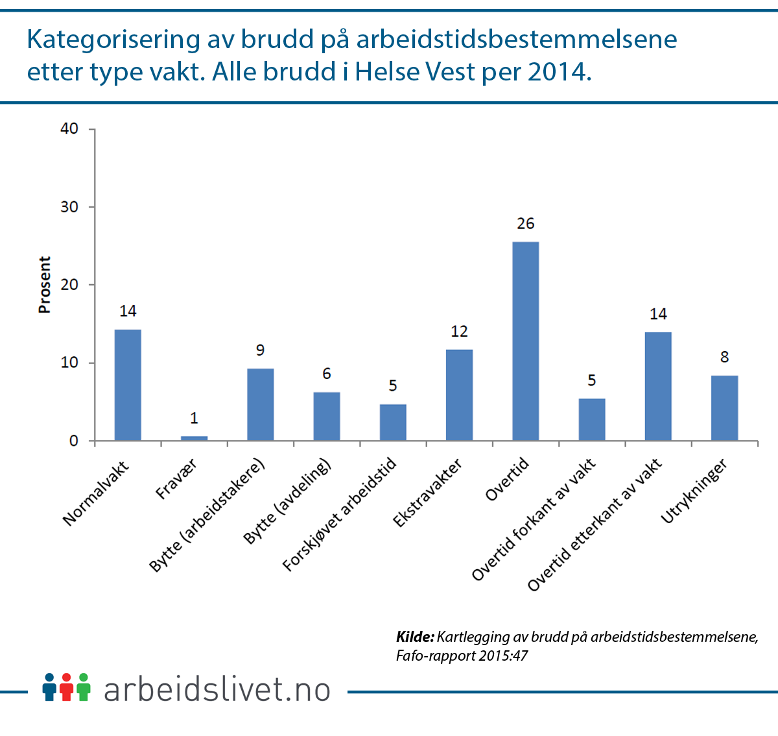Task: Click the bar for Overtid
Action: pos(525,341)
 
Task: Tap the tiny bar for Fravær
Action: pos(194,438)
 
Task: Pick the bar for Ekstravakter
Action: pos(459,395)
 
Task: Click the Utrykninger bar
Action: pos(724,408)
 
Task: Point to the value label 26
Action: pos(525,224)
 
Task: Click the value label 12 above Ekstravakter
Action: pos(459,332)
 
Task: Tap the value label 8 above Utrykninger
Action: pos(724,357)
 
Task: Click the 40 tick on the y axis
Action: pos(69,129)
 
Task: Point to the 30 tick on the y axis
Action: pos(69,207)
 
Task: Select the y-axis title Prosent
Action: pos(44,284)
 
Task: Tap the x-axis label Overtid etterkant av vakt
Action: pos(595,524)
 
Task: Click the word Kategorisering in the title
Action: pos(113,40)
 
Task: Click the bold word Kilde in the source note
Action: pos(414,637)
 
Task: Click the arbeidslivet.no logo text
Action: pos(217,689)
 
